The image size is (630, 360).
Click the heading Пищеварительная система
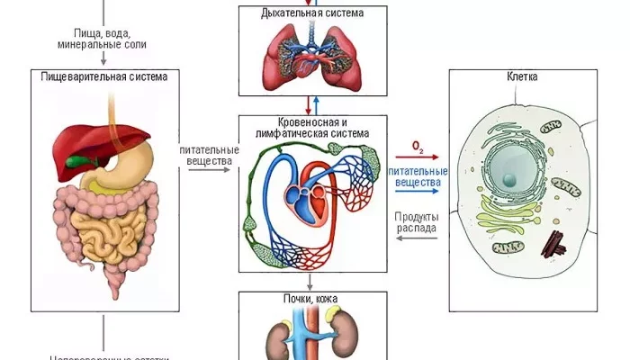(104, 76)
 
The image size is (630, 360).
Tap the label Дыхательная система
(312, 13)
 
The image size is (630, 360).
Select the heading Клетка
(522, 77)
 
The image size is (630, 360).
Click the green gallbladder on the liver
(86, 163)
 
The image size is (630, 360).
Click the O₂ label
(418, 144)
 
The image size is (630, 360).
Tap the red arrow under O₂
(418, 156)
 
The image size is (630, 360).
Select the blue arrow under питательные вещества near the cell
(418, 192)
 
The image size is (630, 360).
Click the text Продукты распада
(417, 222)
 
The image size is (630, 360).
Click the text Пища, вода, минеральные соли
(103, 38)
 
